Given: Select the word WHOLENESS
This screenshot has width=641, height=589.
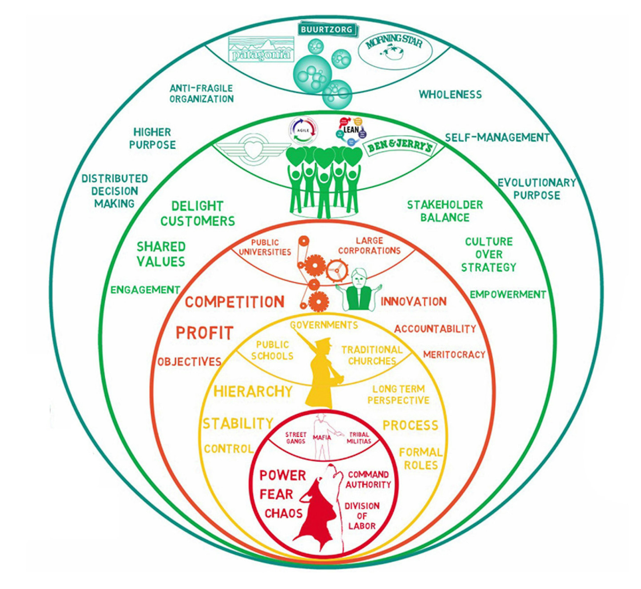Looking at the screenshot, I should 450,94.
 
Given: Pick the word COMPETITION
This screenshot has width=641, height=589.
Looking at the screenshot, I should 235,302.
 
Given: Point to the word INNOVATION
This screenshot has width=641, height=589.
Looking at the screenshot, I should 414,302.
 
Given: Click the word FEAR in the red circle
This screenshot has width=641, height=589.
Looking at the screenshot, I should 276,494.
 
